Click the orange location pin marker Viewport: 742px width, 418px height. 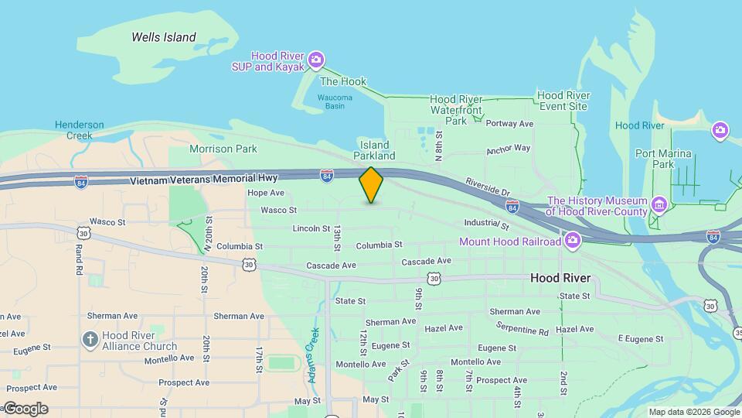[x=371, y=184]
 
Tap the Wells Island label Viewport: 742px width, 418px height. [x=163, y=37]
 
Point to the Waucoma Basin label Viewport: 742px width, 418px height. [x=335, y=101]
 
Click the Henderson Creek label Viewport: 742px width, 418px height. [x=79, y=130]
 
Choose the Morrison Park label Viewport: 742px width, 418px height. [x=223, y=149]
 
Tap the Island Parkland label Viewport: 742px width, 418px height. [x=375, y=150]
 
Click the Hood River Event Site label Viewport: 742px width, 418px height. [x=563, y=101]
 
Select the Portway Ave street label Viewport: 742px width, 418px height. [x=510, y=124]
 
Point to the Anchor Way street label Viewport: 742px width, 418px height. [x=508, y=149]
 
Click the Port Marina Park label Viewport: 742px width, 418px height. [x=662, y=159]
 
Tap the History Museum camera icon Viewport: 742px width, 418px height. [x=659, y=205]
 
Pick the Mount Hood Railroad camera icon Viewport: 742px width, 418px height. [x=573, y=242]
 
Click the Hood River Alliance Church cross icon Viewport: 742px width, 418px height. [x=90, y=340]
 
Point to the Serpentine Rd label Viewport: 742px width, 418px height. [x=522, y=328]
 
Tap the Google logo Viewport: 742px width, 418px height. [x=26, y=409]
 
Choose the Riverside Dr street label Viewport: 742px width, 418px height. [x=488, y=187]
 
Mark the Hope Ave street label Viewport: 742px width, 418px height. [x=266, y=193]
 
